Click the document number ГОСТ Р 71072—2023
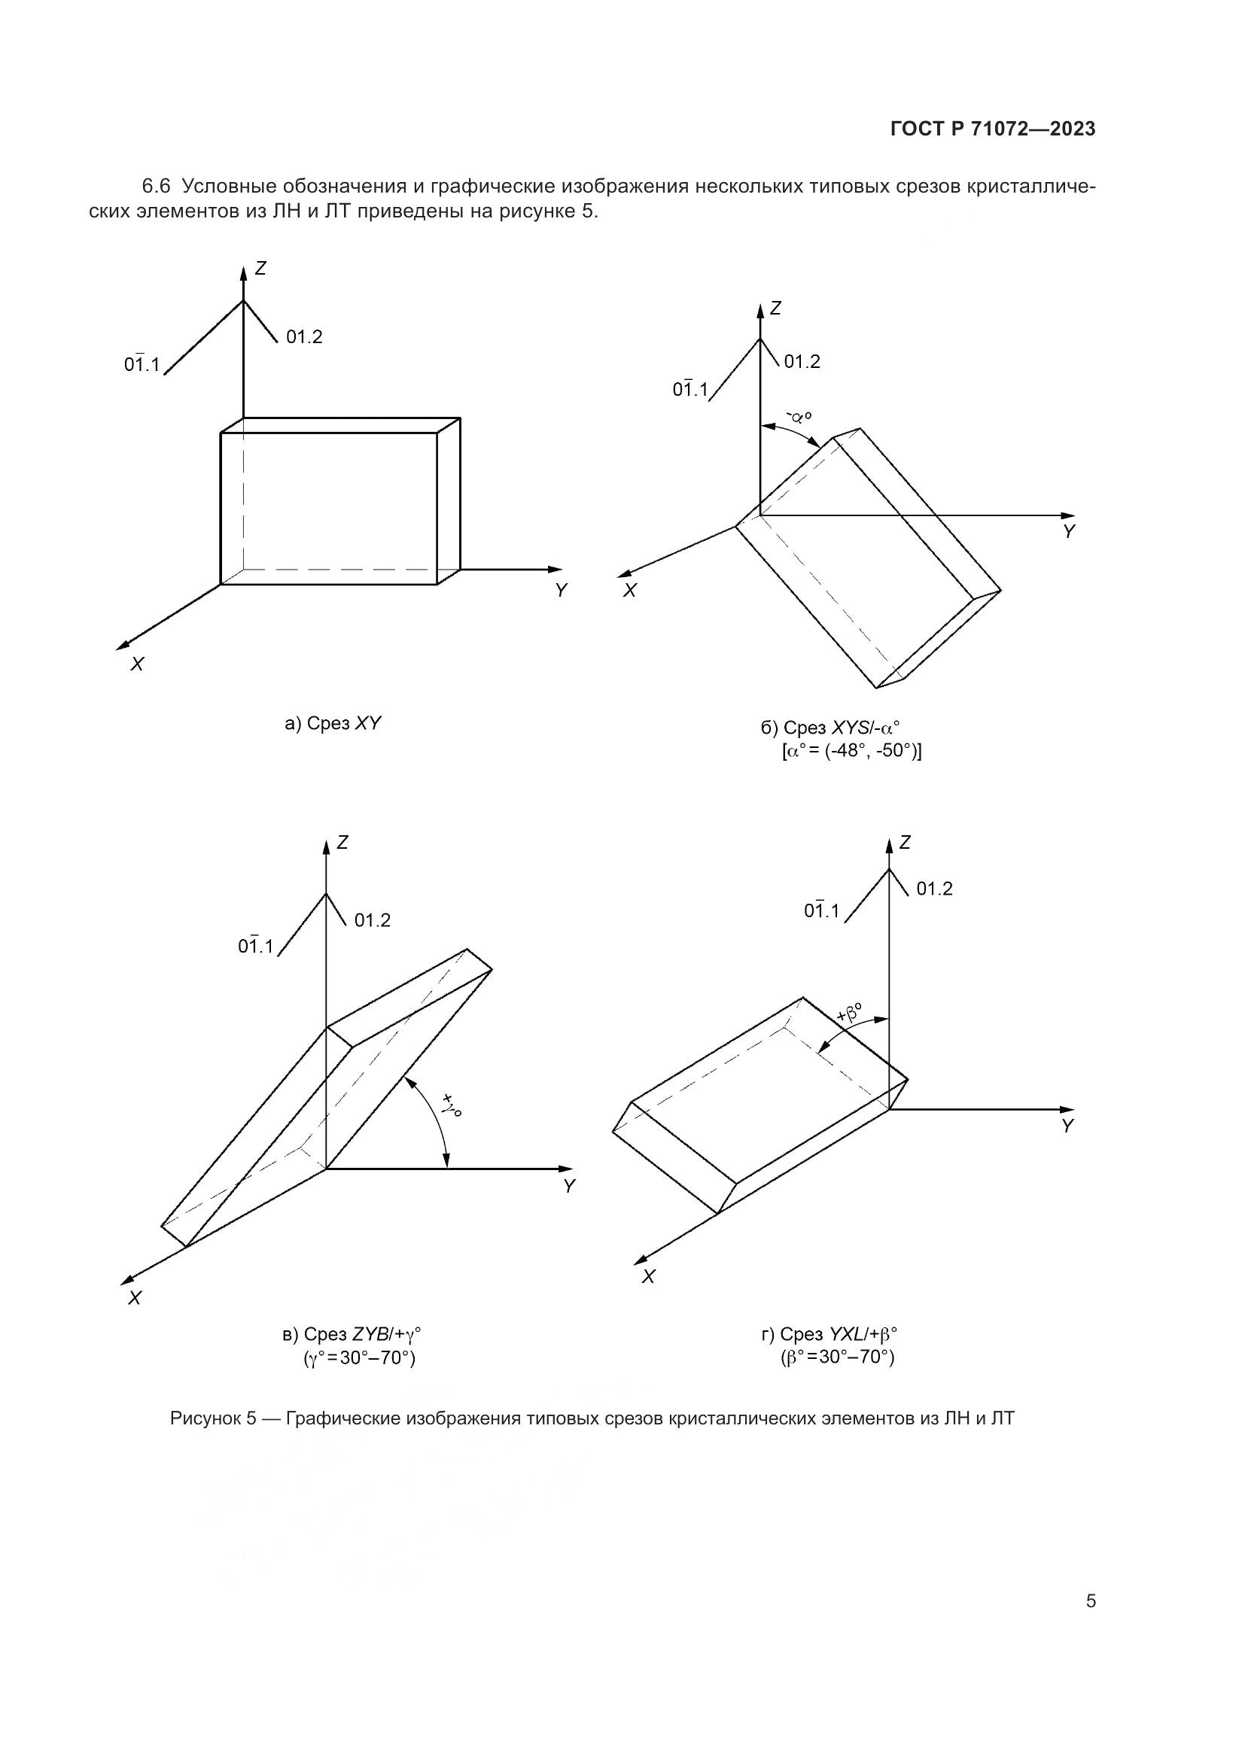(993, 129)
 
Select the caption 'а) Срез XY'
(333, 723)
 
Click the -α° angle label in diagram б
(799, 417)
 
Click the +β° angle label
(849, 1015)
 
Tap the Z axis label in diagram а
(260, 269)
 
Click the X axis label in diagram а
(137, 664)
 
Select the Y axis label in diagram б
(1070, 531)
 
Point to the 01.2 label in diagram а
(304, 336)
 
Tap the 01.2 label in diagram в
(373, 920)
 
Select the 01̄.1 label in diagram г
(821, 910)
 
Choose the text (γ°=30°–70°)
(360, 1358)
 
